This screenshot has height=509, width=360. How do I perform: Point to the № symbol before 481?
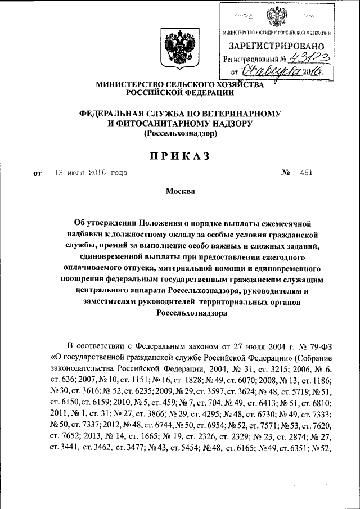[285, 173]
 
